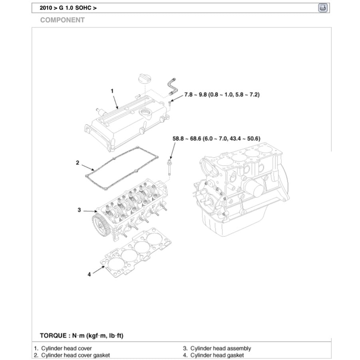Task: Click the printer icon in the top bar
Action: (x=323, y=8)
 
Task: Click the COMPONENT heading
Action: (x=62, y=20)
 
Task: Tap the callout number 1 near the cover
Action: (x=112, y=91)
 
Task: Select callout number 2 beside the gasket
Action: (x=78, y=162)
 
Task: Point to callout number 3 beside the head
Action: (x=79, y=210)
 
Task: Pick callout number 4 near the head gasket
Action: (x=89, y=274)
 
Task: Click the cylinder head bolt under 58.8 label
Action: (x=170, y=168)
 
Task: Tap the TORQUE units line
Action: (x=81, y=335)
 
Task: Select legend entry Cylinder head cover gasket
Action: (x=72, y=355)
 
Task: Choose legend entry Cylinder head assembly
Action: (x=217, y=348)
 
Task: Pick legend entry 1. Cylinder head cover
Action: (x=63, y=348)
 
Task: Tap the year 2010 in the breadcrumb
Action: (x=46, y=8)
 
